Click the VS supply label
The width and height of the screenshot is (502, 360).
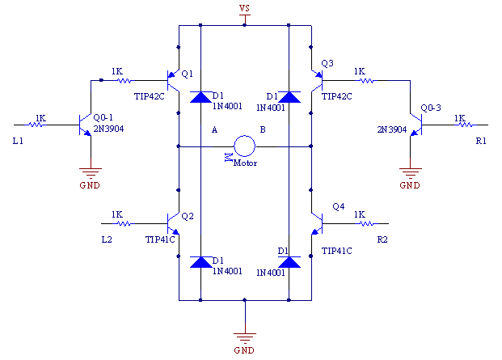[x=244, y=8]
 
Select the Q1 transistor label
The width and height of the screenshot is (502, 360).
[x=187, y=74]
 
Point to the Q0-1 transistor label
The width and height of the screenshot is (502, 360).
[x=103, y=117]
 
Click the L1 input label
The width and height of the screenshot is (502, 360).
[x=18, y=141]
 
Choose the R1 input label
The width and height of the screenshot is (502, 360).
[x=481, y=141]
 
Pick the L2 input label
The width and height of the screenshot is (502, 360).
[x=107, y=239]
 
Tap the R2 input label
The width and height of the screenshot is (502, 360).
[x=382, y=239]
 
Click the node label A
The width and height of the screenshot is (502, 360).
[x=214, y=129]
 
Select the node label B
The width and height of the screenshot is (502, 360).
[x=263, y=129]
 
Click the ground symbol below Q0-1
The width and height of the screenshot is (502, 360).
[x=91, y=173]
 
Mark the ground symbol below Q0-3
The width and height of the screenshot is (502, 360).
[x=410, y=173]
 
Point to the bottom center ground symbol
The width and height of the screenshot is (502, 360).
[x=245, y=338]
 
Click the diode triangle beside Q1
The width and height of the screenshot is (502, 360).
[x=200, y=97]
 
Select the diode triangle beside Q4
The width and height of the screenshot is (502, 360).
[x=289, y=262]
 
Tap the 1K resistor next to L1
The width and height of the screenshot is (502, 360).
[x=36, y=125]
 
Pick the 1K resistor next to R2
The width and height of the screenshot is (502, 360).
[x=367, y=223]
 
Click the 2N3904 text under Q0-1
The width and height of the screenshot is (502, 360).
[x=108, y=129]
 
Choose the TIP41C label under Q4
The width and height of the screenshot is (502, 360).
[x=337, y=251]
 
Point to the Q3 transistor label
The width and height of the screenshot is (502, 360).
[x=327, y=63]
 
